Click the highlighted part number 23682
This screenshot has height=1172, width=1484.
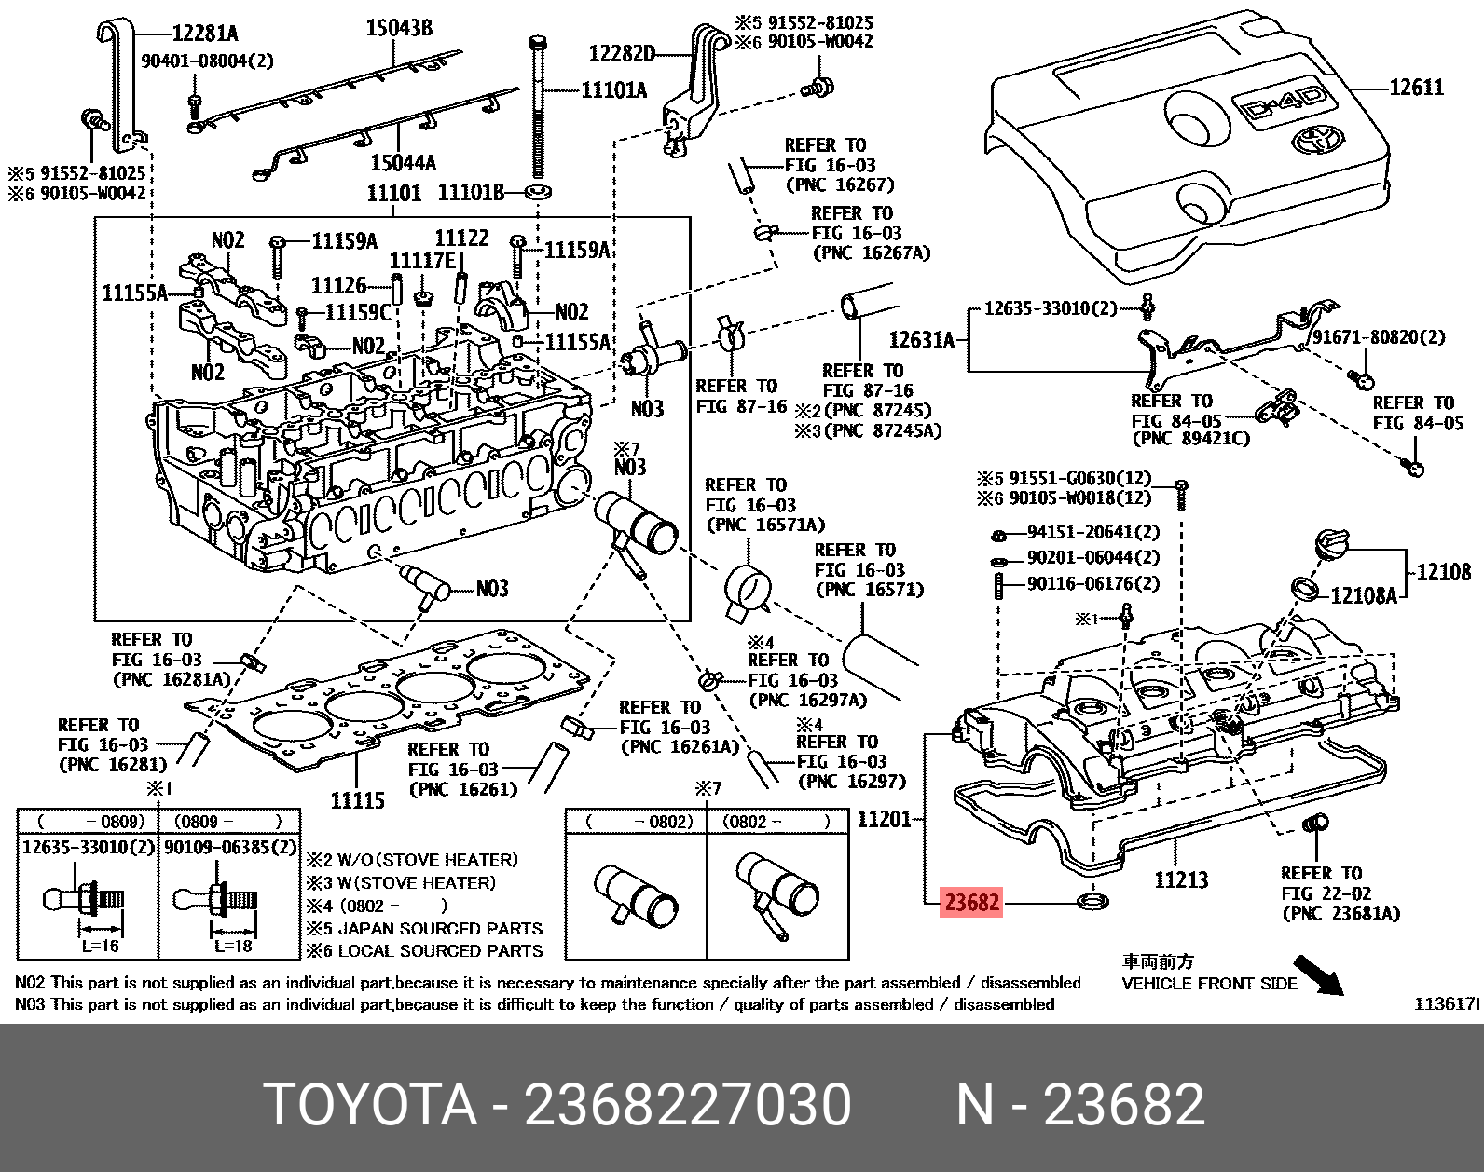pos(971,902)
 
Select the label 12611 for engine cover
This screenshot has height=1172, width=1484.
pos(1416,88)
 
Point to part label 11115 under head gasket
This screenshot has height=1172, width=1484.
pos(358,799)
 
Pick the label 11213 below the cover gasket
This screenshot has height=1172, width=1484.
pos(1181,879)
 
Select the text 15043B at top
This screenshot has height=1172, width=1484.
pos(399,29)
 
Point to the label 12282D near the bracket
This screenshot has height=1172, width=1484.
pos(622,53)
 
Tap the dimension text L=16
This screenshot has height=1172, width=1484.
pos(99,946)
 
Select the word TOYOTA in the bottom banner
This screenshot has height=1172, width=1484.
pos(371,1106)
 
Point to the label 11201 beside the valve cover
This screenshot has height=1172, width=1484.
pos(885,819)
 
